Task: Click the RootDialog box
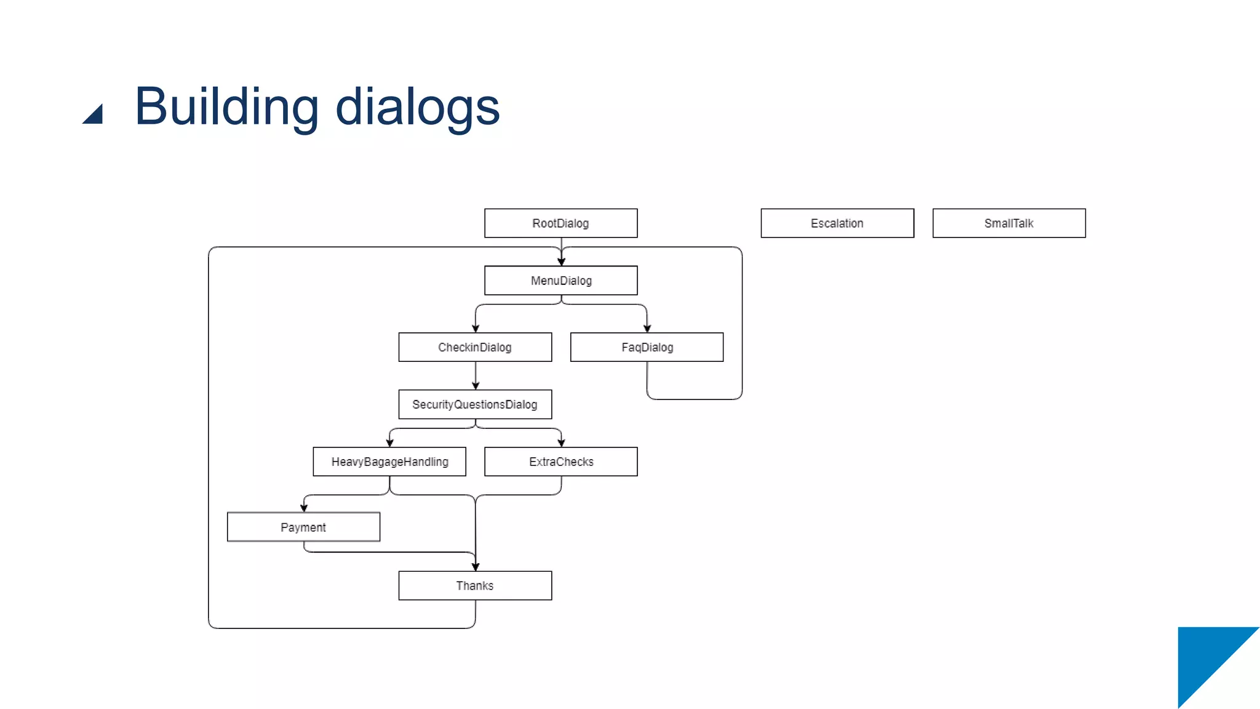click(x=560, y=223)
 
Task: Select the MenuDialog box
click(x=560, y=280)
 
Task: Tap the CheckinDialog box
click(x=475, y=347)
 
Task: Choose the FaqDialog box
click(x=647, y=347)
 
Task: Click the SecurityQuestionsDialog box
click(x=475, y=404)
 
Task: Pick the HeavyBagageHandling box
click(x=389, y=462)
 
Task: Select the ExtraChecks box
click(x=560, y=462)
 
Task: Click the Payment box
click(x=303, y=527)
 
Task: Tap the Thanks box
click(x=475, y=585)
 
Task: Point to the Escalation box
click(x=837, y=223)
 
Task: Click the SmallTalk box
click(x=1009, y=223)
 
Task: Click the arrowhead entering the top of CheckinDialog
click(x=476, y=329)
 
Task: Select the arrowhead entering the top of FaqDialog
click(x=647, y=329)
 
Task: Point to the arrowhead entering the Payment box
click(x=304, y=508)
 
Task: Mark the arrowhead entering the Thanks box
click(x=476, y=567)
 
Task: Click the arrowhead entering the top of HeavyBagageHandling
click(x=389, y=443)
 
